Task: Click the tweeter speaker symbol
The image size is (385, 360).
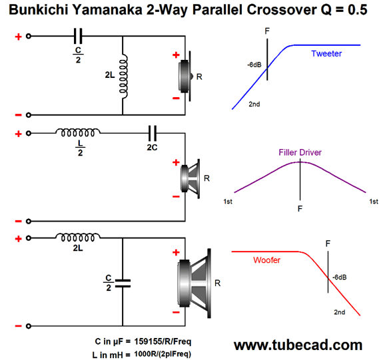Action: tap(185, 77)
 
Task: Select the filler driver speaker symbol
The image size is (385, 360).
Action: tap(190, 178)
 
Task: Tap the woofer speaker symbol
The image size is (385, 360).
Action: tap(194, 283)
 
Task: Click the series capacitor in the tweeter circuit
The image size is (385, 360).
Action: tap(78, 36)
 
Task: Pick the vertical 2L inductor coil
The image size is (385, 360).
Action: tap(123, 77)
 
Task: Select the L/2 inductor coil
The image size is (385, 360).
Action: tap(78, 132)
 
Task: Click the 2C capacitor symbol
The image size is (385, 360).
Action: tap(153, 133)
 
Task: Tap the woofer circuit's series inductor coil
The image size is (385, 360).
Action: tap(78, 237)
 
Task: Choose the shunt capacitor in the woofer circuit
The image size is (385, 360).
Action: tap(123, 283)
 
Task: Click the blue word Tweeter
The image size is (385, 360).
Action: tap(326, 53)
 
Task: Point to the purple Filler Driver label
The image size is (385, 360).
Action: tap(300, 152)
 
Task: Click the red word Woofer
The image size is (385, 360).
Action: tap(266, 260)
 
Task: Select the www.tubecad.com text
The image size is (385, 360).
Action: tap(298, 345)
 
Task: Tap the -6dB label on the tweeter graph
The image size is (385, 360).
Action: tap(254, 65)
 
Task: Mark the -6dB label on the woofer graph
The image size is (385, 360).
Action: tap(340, 277)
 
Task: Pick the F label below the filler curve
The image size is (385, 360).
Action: tap(300, 209)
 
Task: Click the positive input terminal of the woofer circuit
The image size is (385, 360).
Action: tap(29, 238)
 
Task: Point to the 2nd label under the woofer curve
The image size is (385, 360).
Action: tap(339, 312)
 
